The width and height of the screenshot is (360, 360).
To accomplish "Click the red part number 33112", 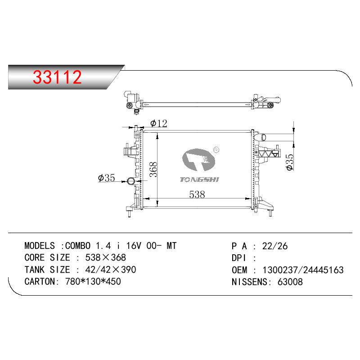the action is pos(57,76).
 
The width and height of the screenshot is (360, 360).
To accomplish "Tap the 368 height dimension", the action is pos(153,169).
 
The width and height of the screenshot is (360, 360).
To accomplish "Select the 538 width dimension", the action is pos(197,194).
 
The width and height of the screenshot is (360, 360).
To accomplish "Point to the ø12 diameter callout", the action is pos(159,123).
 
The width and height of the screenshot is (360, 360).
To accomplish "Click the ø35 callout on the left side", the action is pos(106,178).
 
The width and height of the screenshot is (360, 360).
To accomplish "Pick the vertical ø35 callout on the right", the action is pos(290,162).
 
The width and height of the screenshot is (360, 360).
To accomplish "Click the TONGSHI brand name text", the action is pos(199,180).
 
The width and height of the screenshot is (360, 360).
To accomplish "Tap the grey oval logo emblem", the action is pos(199,160).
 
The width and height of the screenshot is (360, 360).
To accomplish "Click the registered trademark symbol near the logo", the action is pos(216,150).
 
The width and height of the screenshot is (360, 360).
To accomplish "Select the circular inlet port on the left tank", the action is pos(131,181).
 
